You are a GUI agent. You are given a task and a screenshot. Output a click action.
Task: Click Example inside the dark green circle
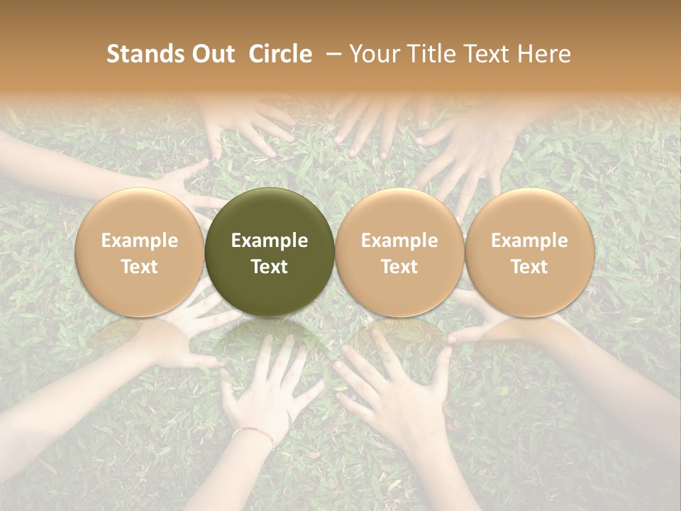[x=270, y=241]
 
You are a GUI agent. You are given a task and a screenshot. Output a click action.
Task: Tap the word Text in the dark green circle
[x=270, y=267]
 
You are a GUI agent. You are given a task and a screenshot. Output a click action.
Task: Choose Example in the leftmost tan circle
[x=140, y=241]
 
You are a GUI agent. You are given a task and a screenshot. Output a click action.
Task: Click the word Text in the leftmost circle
[x=140, y=267]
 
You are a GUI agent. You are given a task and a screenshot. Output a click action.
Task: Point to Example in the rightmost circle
[x=530, y=241]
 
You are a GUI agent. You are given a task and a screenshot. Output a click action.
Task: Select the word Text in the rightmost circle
[x=530, y=267]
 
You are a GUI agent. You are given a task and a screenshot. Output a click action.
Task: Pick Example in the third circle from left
[x=399, y=241]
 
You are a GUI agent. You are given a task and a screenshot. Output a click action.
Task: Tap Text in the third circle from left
[x=399, y=267]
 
